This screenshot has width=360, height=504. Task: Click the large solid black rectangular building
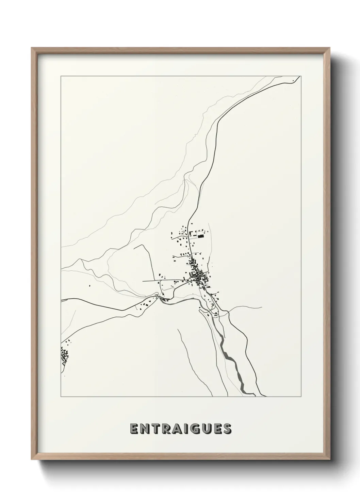click(201, 235)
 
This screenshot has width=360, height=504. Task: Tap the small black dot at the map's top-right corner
click(293, 81)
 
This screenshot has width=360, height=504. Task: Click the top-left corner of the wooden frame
click(32, 48)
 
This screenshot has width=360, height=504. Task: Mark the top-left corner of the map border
click(61, 76)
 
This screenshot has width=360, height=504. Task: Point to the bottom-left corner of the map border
click(61, 397)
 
